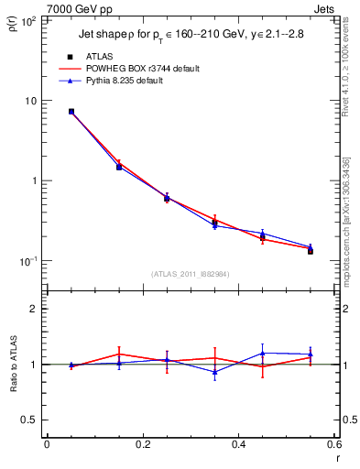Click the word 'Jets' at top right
[x=324, y=8]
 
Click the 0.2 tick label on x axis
[x=142, y=446]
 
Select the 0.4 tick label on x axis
[x=238, y=446]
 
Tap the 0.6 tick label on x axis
[x=333, y=446]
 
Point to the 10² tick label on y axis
[x=27, y=20]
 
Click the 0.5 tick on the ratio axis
[x=31, y=420]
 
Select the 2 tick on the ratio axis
[x=35, y=309]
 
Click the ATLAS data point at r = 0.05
[x=71, y=112]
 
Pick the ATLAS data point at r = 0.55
[x=311, y=250]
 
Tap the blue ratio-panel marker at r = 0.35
[x=214, y=372]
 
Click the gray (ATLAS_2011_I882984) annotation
[x=191, y=274]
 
